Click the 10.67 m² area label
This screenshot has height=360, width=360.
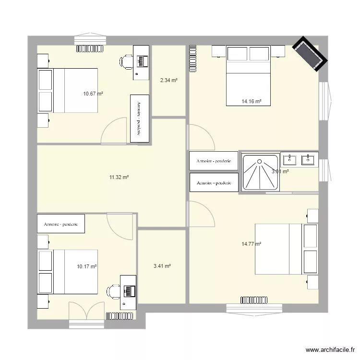[x=93, y=94]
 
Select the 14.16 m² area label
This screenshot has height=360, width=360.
[x=252, y=102]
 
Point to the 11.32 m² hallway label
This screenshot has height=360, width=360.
[x=119, y=178]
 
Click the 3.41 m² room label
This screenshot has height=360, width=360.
[x=162, y=266]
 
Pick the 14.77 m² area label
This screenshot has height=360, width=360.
[x=252, y=244]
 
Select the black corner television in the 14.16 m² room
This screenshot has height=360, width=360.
[x=310, y=54]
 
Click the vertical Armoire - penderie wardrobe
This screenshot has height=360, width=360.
[x=139, y=119]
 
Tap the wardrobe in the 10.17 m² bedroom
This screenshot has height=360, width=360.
[x=61, y=224]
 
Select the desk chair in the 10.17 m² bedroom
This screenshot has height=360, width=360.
[x=114, y=291]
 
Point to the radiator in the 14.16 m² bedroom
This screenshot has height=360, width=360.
[x=193, y=59]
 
